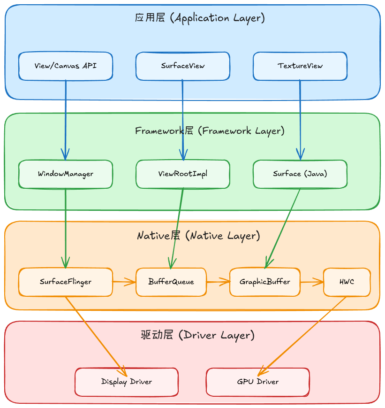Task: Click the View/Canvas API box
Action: tap(66, 66)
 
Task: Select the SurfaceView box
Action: tap(183, 66)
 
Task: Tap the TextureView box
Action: tap(300, 66)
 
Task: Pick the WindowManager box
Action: tap(66, 174)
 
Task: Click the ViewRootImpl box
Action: tap(183, 174)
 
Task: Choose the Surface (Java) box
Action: tap(300, 174)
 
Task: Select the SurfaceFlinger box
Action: tap(66, 282)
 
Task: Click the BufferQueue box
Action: tap(171, 282)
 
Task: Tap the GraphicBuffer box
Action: tap(265, 282)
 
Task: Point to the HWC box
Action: tap(347, 282)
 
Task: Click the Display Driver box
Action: tap(127, 382)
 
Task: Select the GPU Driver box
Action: tap(258, 382)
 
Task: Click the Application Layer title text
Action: tap(200, 18)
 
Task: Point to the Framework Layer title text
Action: tap(210, 131)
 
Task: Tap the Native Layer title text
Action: tap(198, 236)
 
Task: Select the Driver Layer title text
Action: tap(197, 335)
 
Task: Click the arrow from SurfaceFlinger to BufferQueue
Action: tap(124, 282)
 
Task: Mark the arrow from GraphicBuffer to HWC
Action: tap(312, 282)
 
